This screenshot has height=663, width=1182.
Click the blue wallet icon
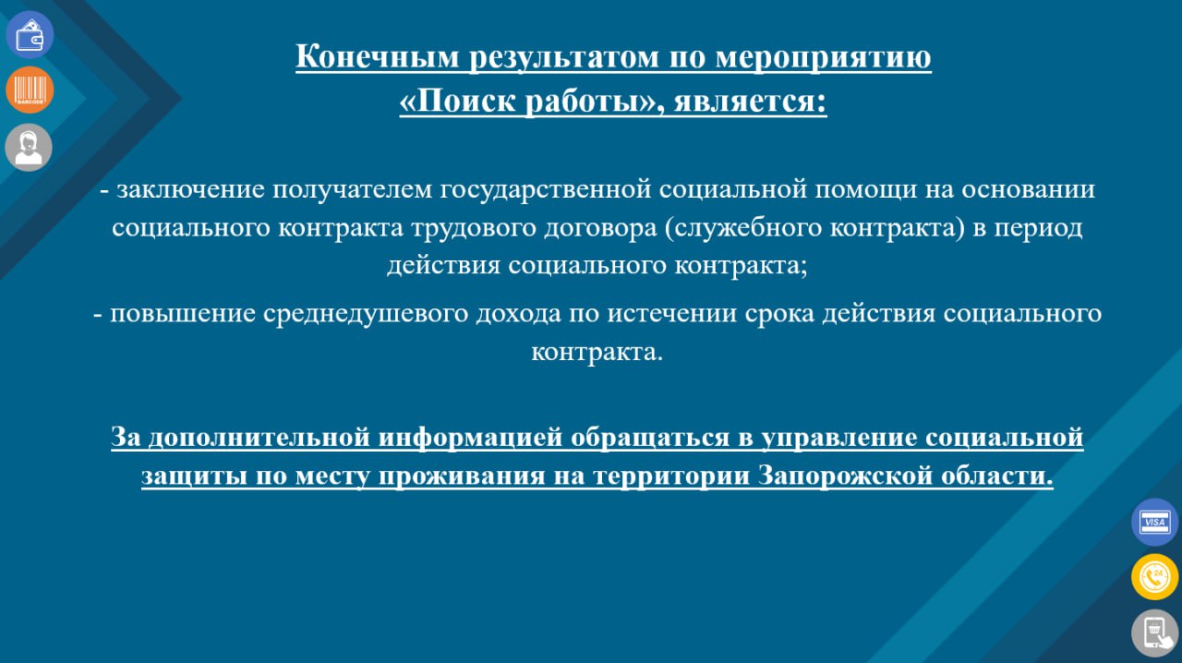[x=30, y=35]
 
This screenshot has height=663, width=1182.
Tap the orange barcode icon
[x=30, y=90]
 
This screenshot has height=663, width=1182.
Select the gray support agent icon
[x=29, y=147]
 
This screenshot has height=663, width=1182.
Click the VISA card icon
[x=1154, y=522]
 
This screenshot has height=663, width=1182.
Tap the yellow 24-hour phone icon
[x=1154, y=577]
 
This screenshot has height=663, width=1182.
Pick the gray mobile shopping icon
[x=1154, y=633]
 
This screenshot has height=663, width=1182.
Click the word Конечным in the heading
[x=378, y=56]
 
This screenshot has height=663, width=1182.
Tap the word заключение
[x=190, y=189]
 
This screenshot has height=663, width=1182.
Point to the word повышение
[x=183, y=314]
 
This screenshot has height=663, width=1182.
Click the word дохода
[x=519, y=315]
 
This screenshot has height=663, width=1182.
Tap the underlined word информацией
[x=470, y=438]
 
